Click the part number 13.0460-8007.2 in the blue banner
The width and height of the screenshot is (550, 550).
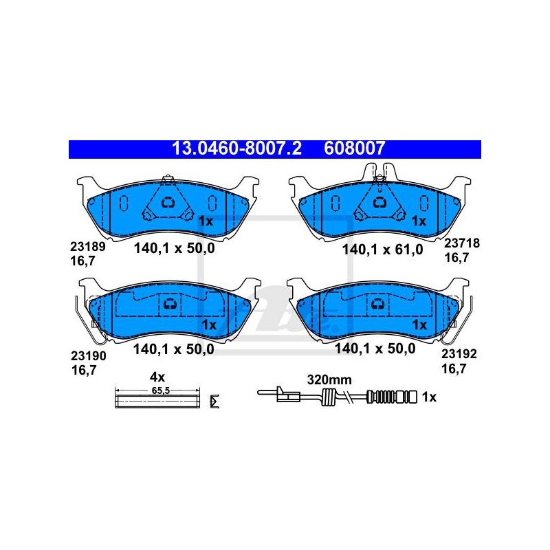pyautogui.click(x=236, y=148)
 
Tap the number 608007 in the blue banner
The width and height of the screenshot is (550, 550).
pyautogui.click(x=355, y=148)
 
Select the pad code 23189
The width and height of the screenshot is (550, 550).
pyautogui.click(x=88, y=247)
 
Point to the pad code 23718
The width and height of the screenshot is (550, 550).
pyautogui.click(x=462, y=243)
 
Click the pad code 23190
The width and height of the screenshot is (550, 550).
pyautogui.click(x=89, y=355)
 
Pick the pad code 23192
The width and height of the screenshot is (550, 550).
pyautogui.click(x=459, y=354)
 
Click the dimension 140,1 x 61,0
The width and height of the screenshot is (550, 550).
pyautogui.click(x=383, y=250)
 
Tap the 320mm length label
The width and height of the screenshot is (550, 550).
pyautogui.click(x=329, y=379)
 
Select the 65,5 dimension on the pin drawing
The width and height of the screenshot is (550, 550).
pyautogui.click(x=161, y=390)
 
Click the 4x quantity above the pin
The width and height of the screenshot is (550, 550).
pyautogui.click(x=157, y=377)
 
